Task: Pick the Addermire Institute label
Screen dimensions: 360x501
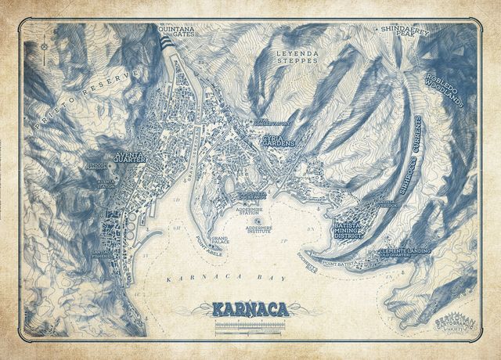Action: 258,231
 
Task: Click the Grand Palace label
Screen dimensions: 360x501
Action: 220,239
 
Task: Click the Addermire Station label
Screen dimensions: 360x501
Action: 253,214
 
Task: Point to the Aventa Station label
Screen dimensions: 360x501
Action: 106,183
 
